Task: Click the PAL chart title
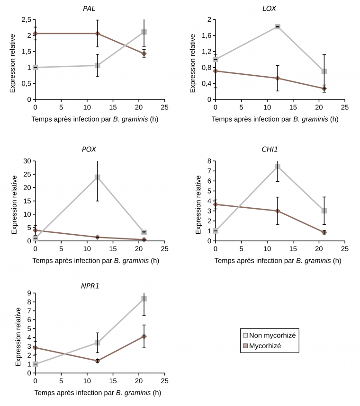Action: coord(89,9)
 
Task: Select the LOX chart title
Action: coord(269,9)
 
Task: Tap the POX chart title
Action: coord(89,149)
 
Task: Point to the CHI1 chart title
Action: coord(270,149)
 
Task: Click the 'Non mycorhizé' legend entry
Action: coord(272,335)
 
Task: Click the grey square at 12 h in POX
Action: coord(97,177)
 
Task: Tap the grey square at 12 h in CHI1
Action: coord(277,167)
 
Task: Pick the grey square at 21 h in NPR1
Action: coord(144,299)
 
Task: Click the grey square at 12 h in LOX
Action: coord(277,26)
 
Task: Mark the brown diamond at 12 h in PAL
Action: coord(97,34)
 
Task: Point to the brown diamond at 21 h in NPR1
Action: coord(144,336)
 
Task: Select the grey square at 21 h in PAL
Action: coord(144,32)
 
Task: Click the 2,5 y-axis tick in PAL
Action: coord(25,19)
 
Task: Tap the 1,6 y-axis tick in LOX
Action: coord(205,35)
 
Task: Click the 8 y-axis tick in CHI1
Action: coord(209,161)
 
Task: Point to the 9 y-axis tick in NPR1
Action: coord(28,293)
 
